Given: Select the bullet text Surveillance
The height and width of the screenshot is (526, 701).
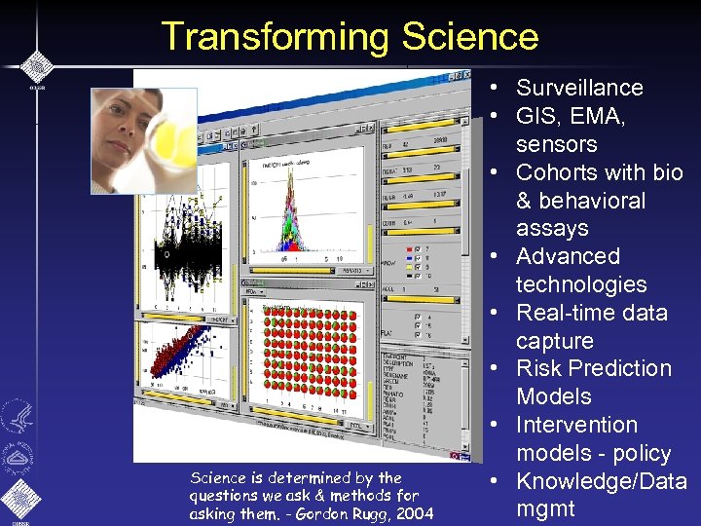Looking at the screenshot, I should [x=579, y=88].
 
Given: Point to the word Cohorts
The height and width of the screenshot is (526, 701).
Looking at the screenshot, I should [x=559, y=172].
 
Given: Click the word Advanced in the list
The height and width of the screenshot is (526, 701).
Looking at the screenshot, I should [x=568, y=256].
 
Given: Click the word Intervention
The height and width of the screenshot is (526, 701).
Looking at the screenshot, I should [x=576, y=425].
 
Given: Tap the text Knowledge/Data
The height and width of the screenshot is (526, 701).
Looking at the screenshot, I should [x=601, y=481].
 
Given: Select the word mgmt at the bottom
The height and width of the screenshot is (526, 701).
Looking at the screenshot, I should [x=545, y=508].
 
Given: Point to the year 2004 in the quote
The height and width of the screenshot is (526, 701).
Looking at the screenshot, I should [x=414, y=513].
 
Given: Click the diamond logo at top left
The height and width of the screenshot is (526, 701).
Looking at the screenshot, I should [x=35, y=65].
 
